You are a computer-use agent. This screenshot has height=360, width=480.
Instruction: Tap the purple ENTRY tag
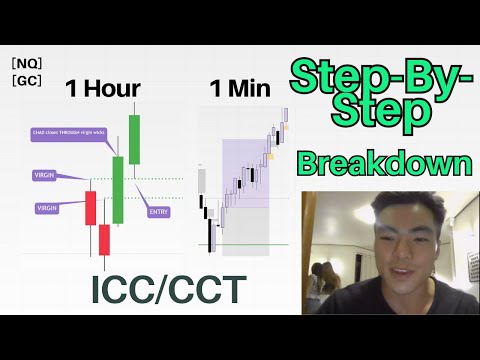158,212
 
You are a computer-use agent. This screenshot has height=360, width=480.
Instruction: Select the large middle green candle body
118,189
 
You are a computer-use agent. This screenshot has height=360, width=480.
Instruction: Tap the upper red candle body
90,208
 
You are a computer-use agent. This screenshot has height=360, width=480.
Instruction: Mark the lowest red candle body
105,240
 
